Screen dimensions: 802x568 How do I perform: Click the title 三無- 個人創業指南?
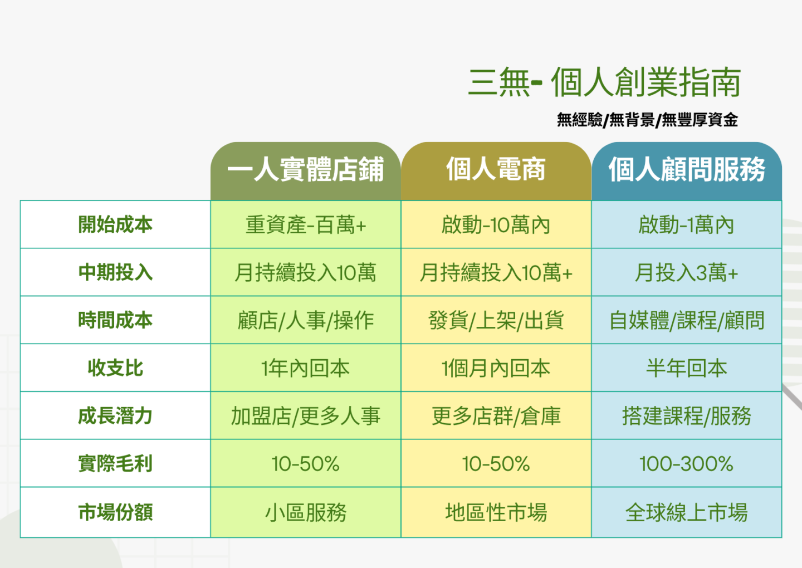click(604, 82)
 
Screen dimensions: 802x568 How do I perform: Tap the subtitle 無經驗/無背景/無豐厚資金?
click(647, 120)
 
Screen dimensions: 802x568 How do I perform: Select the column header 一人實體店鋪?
click(305, 169)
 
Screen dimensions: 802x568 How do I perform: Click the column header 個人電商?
click(496, 169)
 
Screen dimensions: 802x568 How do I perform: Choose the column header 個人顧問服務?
click(687, 169)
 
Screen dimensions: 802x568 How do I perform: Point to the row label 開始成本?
click(115, 224)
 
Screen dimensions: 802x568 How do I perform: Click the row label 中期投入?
click(115, 272)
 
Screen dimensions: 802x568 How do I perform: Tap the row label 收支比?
click(115, 368)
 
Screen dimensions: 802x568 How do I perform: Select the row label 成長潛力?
click(115, 415)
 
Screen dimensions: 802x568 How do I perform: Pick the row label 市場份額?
click(115, 512)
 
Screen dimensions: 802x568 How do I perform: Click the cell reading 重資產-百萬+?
click(305, 225)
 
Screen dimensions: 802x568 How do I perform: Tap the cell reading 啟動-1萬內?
click(686, 225)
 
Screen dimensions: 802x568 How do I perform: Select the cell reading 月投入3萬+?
click(686, 273)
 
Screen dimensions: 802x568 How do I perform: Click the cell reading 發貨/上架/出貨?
click(496, 320)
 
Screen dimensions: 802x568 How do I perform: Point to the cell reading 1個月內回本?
click(496, 368)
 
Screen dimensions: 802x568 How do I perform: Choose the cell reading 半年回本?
click(686, 368)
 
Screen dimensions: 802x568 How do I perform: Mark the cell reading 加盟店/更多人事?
click(305, 416)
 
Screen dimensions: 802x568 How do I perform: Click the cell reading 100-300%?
click(686, 464)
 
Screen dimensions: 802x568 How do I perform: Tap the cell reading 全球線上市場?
click(686, 512)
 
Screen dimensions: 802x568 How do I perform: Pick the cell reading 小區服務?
click(305, 512)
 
